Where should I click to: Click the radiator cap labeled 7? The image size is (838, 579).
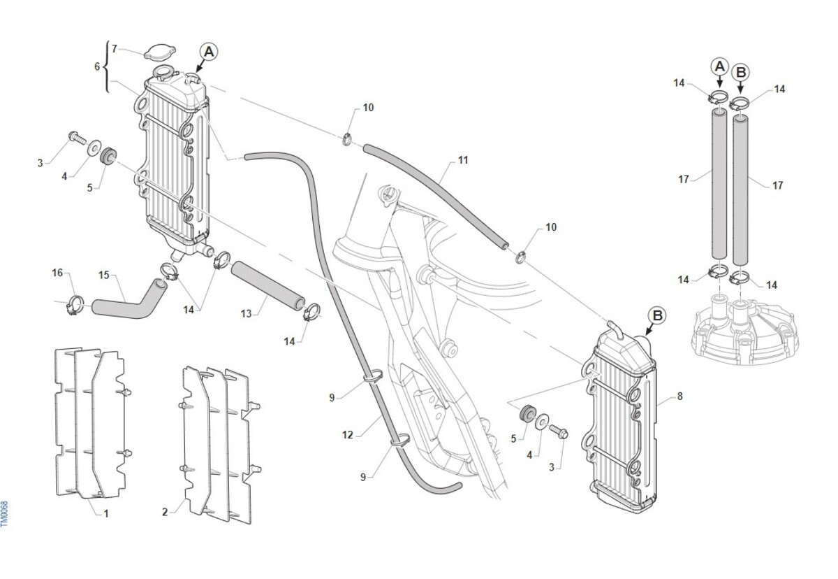click(159, 52)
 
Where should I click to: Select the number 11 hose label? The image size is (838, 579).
click(463, 160)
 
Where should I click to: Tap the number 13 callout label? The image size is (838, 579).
click(246, 314)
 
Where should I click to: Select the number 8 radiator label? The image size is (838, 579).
click(679, 396)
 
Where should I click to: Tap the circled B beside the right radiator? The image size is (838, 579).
click(657, 315)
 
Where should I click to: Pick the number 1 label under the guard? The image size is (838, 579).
click(105, 513)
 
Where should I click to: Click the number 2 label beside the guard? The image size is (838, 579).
click(165, 512)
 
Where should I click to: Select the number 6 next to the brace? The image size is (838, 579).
click(98, 66)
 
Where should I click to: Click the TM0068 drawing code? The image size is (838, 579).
click(5, 514)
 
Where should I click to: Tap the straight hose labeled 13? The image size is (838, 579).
click(267, 286)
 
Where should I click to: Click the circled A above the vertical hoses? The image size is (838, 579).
click(719, 66)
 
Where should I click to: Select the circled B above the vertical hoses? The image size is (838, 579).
click(741, 71)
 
